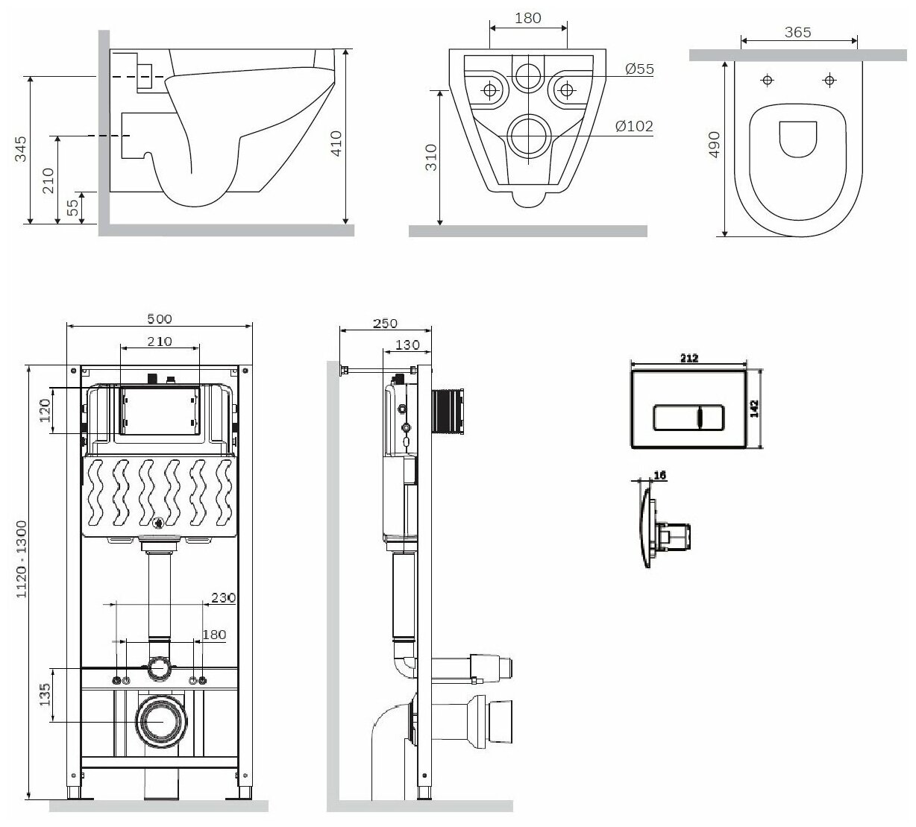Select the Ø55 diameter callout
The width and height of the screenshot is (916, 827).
[639, 69]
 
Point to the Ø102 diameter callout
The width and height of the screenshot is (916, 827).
[635, 126]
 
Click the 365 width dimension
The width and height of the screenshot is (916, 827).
[797, 32]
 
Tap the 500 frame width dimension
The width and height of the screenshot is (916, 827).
[159, 318]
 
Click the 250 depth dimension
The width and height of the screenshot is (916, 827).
[385, 323]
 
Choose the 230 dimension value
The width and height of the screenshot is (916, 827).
[223, 597]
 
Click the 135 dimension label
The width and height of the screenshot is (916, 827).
[44, 694]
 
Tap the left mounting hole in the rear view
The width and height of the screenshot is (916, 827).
[490, 90]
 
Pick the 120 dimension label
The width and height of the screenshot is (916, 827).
[45, 409]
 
